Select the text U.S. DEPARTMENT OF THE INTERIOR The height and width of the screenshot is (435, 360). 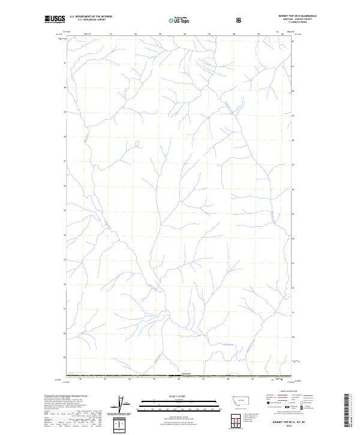coord(91,17)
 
